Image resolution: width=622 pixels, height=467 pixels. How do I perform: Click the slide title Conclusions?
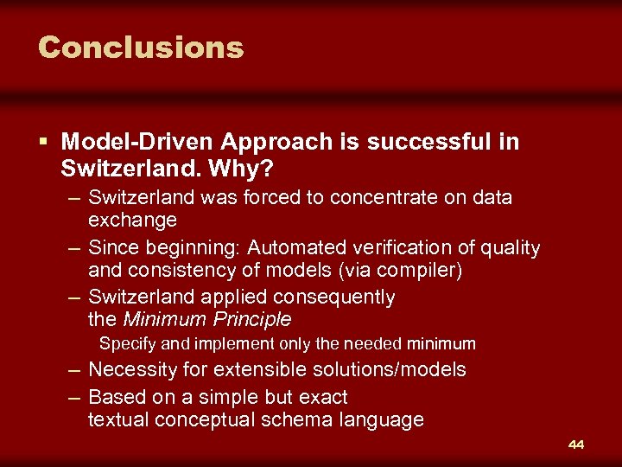pyautogui.click(x=141, y=47)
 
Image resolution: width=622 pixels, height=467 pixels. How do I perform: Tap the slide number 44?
pyautogui.click(x=576, y=445)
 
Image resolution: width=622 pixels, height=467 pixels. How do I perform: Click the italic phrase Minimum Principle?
pyautogui.click(x=207, y=320)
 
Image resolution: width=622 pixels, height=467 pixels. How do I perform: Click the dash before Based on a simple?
pyautogui.click(x=74, y=398)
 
